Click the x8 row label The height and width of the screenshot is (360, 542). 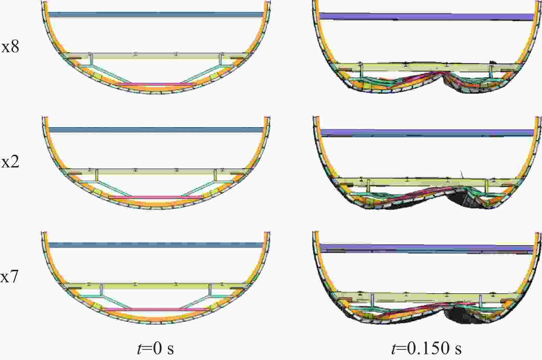pos(10,47)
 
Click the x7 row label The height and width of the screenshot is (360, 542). pos(9,277)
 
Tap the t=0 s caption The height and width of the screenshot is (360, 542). pos(155,348)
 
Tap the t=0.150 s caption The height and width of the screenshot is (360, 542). pos(426,348)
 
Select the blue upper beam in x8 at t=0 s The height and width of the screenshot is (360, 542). pos(155,14)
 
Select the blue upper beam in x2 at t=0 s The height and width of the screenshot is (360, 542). pos(155,130)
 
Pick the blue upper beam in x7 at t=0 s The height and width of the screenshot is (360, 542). pos(155,245)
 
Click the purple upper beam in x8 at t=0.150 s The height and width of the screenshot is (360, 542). pos(426,17)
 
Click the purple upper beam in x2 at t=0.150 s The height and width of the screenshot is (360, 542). pos(427,133)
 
